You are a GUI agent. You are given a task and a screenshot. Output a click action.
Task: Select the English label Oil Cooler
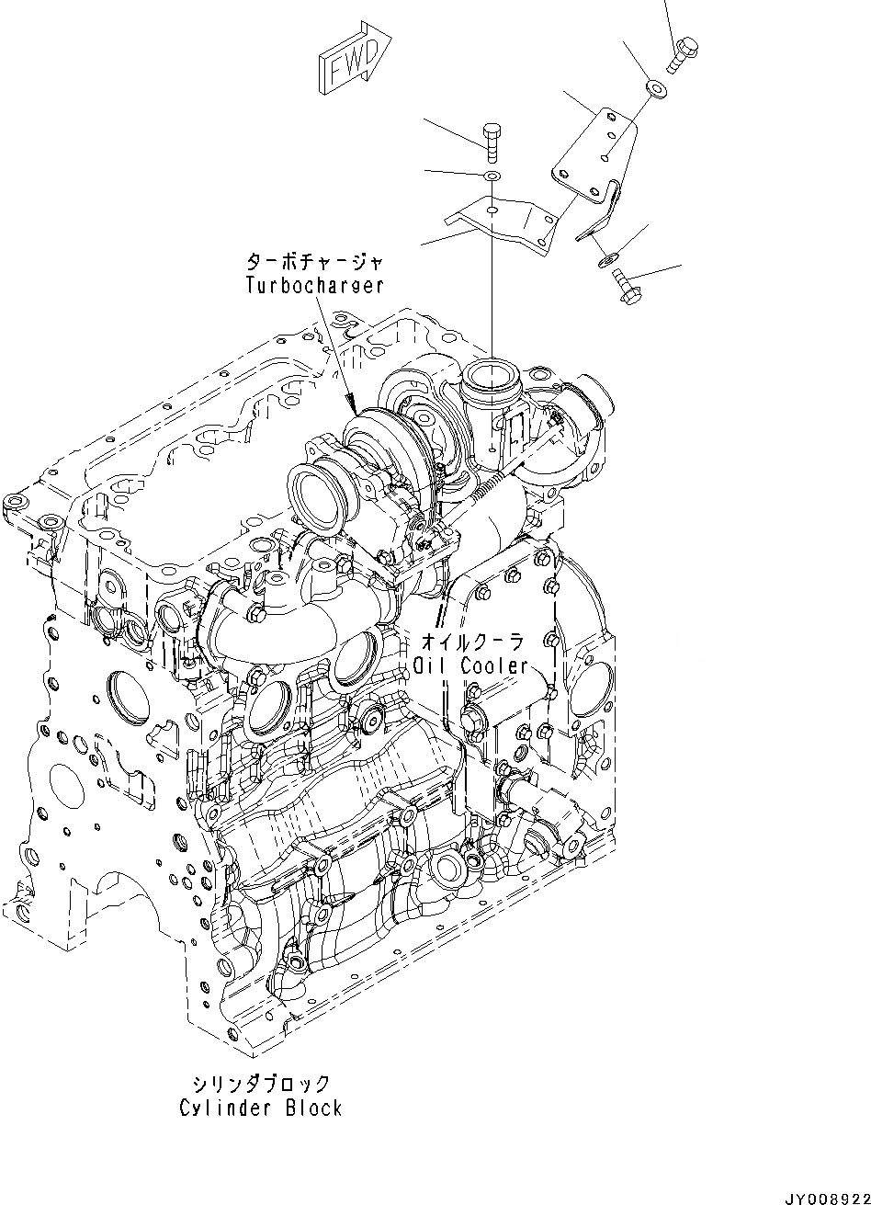pos(470,665)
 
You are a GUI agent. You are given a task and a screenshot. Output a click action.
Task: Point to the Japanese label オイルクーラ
pos(471,641)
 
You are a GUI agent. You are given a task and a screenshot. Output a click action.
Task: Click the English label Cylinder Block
pos(261,1108)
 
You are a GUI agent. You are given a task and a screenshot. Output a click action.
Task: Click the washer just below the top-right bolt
pos(657,87)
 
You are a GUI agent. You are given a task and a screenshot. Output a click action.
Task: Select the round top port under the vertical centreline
pos(492,377)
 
